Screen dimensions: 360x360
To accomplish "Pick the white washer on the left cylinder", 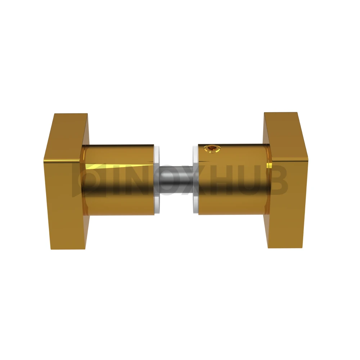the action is [x=157, y=180].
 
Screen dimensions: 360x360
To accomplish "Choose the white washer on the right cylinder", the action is [x=195, y=180].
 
